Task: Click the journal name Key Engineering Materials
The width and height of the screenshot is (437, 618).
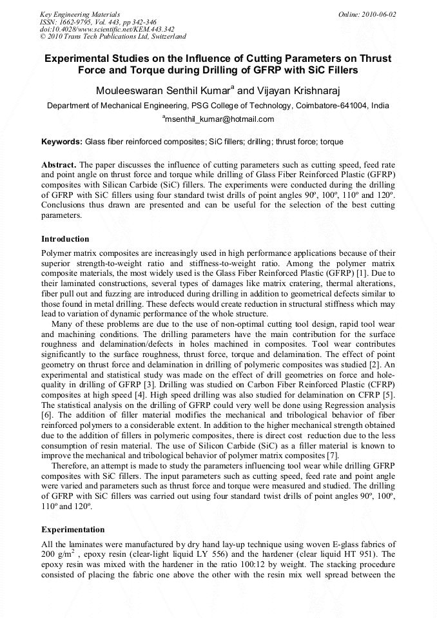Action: pos(80,14)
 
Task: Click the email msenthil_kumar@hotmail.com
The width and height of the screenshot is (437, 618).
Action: pos(218,119)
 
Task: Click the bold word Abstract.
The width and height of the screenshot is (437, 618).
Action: pos(59,165)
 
